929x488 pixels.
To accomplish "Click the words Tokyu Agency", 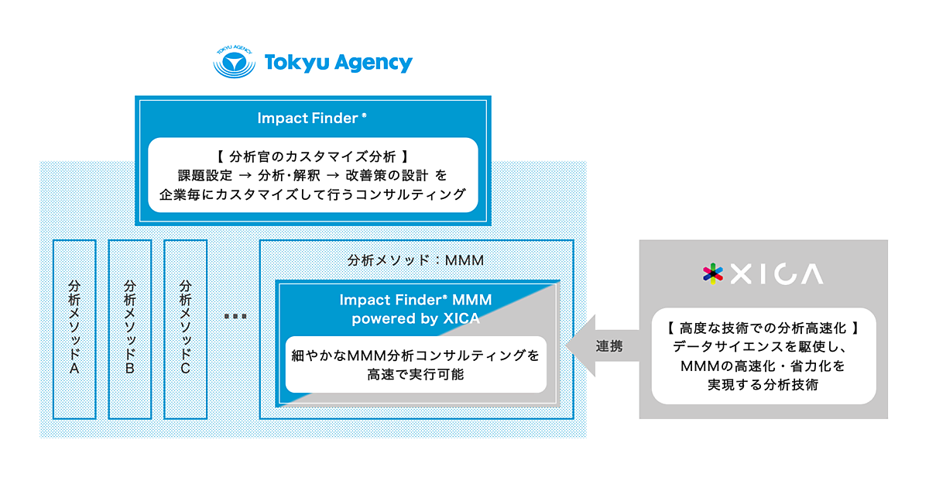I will (338, 63).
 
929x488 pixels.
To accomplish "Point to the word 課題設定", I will (204, 176).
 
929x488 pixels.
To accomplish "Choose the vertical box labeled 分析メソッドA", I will (74, 328).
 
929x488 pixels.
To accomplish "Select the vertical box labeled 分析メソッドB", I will (129, 328).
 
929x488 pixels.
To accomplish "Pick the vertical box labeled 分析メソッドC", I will (185, 328).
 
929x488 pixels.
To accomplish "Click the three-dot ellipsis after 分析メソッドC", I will (235, 316).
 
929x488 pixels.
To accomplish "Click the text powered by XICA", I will (416, 318).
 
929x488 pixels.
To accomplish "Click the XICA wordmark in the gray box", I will (776, 274).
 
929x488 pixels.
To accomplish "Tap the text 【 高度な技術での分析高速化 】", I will (763, 328).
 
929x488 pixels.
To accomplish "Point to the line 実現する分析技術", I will (763, 384).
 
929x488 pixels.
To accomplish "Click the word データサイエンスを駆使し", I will (756, 347).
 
